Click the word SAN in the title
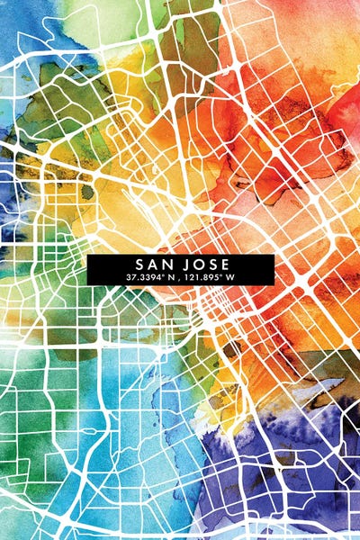click(x=152, y=264)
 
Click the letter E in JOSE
click(x=221, y=264)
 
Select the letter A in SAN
click(x=152, y=264)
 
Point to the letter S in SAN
click(x=139, y=264)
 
